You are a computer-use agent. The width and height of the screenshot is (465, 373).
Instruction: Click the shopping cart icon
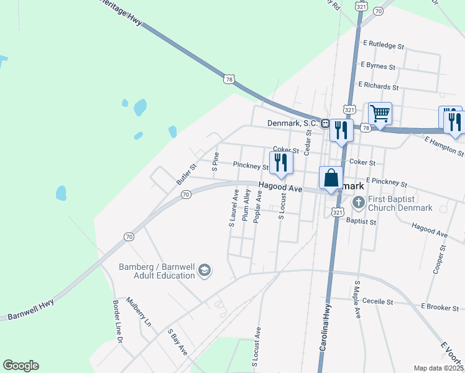tap(380, 114)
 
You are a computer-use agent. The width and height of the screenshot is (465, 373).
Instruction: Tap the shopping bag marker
tap(331, 177)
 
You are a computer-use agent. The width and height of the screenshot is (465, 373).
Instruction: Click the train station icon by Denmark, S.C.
tap(325, 123)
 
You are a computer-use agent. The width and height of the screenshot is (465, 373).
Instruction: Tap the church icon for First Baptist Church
tap(358, 202)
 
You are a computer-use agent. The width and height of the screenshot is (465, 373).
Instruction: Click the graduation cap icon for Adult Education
tap(205, 271)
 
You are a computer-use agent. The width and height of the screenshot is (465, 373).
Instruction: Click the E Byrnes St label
tap(377, 66)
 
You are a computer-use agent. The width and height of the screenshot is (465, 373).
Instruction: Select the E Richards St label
tap(378, 87)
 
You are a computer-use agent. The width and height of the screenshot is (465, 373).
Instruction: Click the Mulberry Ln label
tap(139, 311)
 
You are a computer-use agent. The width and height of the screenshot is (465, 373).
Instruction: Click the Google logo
tap(21, 366)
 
